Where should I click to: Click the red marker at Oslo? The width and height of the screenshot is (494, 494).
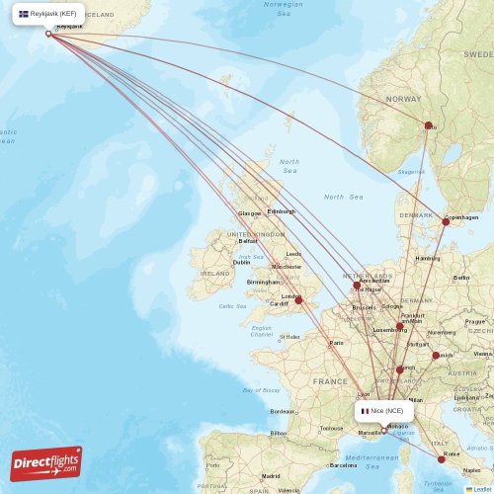428,125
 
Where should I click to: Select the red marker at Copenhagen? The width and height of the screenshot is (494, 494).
446,221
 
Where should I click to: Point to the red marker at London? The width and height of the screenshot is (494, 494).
295,300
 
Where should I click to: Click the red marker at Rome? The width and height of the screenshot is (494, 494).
442,459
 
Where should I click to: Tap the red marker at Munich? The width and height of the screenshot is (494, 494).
436,356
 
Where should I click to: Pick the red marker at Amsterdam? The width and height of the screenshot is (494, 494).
357,286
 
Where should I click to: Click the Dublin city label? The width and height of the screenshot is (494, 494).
241,262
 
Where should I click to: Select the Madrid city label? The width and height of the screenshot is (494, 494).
271,475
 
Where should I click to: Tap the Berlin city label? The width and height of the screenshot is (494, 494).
461,278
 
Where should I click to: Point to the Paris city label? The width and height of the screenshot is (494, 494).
336,343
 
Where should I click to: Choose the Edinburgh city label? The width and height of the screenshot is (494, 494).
281,211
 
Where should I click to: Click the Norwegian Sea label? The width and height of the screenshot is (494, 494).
284,9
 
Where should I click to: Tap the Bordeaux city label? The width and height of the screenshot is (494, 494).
283,411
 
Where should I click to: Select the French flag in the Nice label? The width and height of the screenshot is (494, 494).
365,410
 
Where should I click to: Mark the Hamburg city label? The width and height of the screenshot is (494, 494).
428,258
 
